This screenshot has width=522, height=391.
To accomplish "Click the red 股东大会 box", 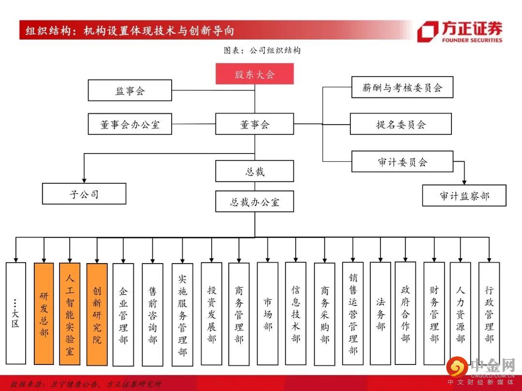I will [x=254, y=74].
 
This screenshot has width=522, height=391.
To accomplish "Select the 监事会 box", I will [x=130, y=90].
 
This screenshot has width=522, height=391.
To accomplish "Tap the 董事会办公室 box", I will [x=130, y=124].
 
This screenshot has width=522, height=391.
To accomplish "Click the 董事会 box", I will [x=254, y=124].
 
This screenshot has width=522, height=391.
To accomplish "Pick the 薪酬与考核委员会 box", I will [x=402, y=87].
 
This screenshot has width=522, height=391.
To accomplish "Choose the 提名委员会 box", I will [x=401, y=124].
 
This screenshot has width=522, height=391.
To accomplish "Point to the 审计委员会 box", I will [x=402, y=162].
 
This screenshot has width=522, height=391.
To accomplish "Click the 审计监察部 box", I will [x=464, y=195].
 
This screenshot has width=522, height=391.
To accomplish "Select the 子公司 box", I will [x=84, y=194].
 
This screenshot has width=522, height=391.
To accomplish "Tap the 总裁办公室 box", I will [x=254, y=201].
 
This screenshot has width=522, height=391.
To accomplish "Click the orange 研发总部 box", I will [x=44, y=314].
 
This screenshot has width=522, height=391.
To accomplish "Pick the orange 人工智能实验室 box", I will [x=70, y=314].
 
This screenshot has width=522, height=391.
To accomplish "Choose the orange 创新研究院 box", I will [x=97, y=314].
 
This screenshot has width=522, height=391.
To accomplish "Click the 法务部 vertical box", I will [x=380, y=314].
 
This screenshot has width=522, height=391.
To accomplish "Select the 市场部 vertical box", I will [x=267, y=314].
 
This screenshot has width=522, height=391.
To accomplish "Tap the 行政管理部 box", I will [x=489, y=314].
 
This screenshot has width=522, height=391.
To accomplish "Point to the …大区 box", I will [x=15, y=314].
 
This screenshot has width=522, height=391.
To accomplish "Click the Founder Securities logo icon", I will [x=427, y=32].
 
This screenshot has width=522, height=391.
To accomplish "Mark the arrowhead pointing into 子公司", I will [x=84, y=180].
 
